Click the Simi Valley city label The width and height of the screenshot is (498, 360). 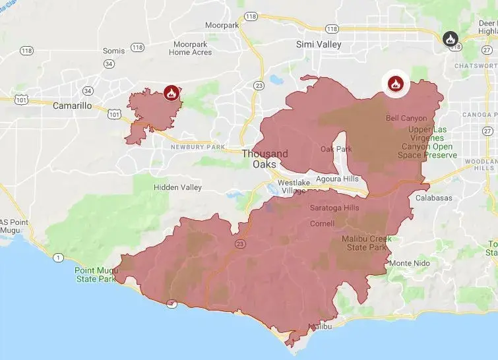point(319,44)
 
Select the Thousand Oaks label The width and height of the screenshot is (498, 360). point(265,159)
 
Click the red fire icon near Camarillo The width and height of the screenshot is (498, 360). point(171,93)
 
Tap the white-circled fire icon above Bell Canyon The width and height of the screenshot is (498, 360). point(394,83)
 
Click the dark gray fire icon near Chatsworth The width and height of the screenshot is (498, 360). point(450,38)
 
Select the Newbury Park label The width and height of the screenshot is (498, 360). point(198,147)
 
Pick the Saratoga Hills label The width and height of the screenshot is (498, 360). point(334,208)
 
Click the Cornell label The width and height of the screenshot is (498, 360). point(322,224)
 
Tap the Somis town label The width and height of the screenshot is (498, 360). point(113,51)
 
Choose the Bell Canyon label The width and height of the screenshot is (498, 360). point(406,118)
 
